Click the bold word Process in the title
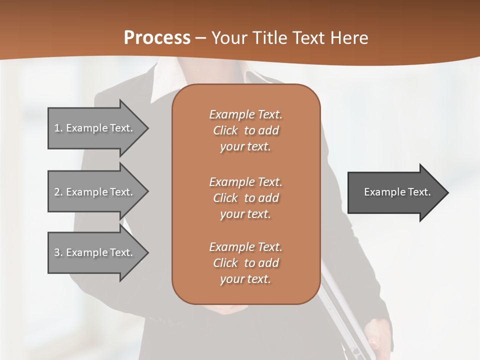157,38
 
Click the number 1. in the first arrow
58,128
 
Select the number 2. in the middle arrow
58,192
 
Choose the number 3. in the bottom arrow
58,252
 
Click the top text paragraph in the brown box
245,130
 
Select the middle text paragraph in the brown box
245,197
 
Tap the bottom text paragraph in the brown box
245,263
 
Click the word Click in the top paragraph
225,130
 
